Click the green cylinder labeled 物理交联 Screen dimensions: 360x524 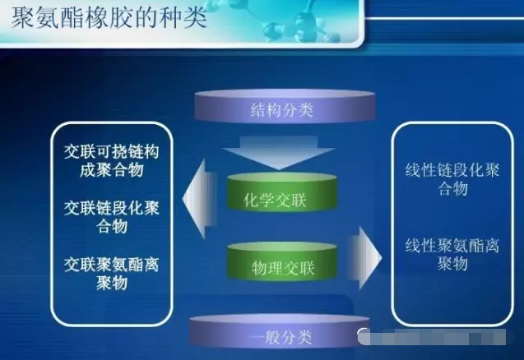[x=281, y=265]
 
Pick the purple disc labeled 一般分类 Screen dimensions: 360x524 [x=281, y=335]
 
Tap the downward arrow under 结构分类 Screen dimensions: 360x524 [x=282, y=152]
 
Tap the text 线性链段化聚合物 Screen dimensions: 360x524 [x=452, y=179]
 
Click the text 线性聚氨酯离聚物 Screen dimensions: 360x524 [x=452, y=254]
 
